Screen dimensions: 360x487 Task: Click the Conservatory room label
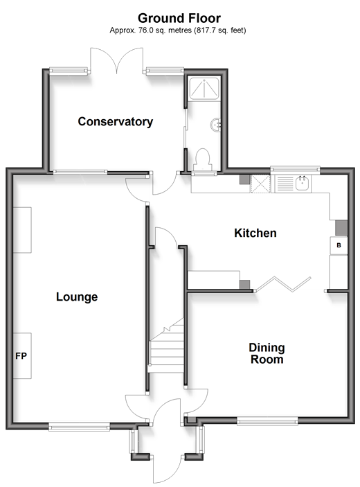click(x=115, y=121)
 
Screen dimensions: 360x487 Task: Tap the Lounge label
click(x=77, y=297)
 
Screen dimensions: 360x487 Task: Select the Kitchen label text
click(x=255, y=233)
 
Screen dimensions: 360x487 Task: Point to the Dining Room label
click(x=267, y=353)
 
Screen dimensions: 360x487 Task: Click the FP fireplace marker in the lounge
click(x=21, y=355)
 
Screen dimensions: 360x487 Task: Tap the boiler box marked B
click(x=339, y=245)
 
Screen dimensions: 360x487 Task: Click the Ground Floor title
click(x=179, y=18)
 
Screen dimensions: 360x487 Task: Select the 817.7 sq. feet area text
click(x=220, y=30)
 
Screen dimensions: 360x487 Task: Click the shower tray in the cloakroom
click(x=204, y=89)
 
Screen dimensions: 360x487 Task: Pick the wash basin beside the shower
click(x=216, y=125)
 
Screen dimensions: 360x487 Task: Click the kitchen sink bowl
click(x=302, y=184)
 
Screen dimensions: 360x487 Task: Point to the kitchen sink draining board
click(x=284, y=184)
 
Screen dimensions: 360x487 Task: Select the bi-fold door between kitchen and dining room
click(x=282, y=284)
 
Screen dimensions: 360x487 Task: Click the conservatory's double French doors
click(x=117, y=60)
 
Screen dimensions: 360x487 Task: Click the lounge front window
click(x=80, y=426)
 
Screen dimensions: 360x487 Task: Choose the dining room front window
click(x=267, y=421)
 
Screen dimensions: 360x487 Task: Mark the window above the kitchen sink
click(x=295, y=169)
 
